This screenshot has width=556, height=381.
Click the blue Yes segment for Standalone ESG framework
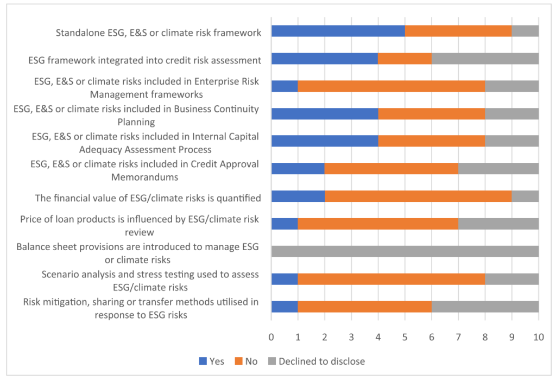click(338, 31)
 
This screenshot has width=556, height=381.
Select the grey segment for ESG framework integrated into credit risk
click(485, 59)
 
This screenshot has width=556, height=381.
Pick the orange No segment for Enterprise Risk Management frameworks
click(391, 86)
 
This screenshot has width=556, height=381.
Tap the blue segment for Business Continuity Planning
click(325, 114)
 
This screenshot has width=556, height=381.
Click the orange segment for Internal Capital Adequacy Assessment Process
click(431, 141)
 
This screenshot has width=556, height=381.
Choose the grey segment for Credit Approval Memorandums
click(498, 169)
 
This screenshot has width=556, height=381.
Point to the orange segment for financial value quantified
click(418, 196)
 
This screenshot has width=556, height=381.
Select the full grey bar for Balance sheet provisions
click(405, 251)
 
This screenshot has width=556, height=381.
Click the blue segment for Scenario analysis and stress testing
click(285, 278)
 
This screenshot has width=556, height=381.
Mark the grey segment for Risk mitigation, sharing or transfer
click(485, 306)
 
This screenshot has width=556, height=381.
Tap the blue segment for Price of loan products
click(285, 224)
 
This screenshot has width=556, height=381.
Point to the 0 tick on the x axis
click(271, 337)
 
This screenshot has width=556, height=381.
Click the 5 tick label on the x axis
click(405, 337)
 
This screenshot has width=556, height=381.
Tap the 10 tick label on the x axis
click(538, 337)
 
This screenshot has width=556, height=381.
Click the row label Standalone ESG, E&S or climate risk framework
click(159, 33)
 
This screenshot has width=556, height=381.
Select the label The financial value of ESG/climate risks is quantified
click(148, 198)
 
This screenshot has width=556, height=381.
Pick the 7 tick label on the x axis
click(458, 337)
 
